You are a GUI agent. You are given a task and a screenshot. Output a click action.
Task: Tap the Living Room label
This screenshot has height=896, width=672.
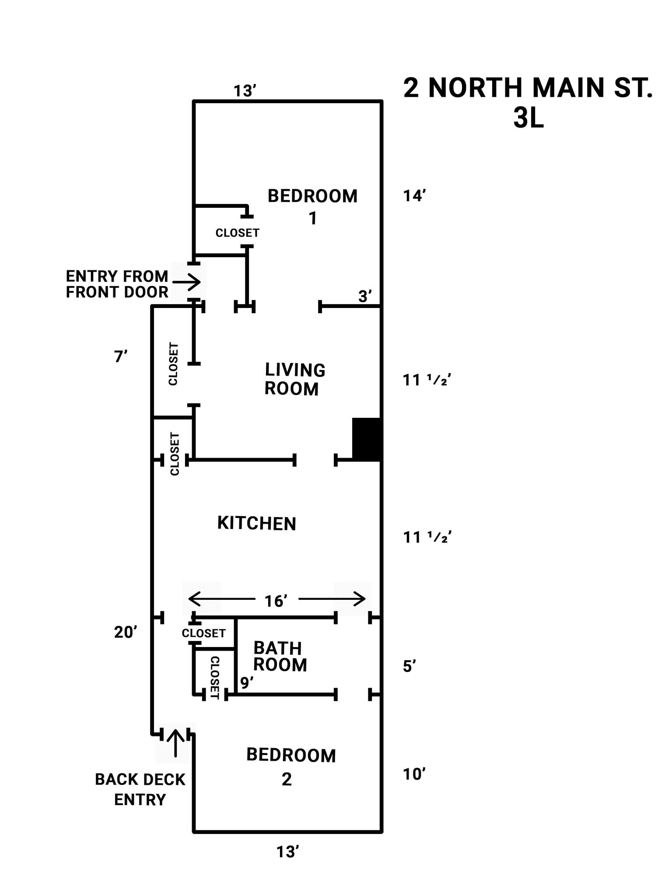pos(295,379)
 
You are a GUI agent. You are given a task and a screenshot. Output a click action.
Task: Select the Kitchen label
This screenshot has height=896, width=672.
pos(257,523)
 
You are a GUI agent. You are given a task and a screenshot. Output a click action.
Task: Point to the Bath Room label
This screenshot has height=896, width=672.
pos(280,656)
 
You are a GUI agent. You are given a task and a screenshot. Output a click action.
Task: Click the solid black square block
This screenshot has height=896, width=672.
pos(367,439)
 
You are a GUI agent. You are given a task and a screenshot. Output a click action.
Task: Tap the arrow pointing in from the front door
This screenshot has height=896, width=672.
pos(187,282)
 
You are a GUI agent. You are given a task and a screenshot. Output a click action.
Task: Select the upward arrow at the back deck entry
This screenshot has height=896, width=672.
pos(176,742)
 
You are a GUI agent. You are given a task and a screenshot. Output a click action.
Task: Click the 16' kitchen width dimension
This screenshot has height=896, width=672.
pos(276,601)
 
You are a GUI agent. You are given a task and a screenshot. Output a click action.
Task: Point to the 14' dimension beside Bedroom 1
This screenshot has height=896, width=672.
pos(414,196)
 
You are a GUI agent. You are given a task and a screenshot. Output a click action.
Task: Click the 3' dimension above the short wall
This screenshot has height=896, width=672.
pos(365,296)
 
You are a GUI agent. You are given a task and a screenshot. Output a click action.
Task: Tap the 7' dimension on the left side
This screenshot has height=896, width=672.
pos(121,357)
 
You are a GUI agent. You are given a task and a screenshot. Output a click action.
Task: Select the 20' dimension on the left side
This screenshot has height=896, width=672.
pos(126,632)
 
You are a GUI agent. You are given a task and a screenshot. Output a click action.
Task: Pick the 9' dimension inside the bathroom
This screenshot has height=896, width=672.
pos(247,682)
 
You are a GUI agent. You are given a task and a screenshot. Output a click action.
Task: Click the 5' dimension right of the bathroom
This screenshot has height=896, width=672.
pos(409,666)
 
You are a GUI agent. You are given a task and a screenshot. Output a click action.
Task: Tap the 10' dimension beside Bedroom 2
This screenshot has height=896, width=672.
pos(414,774)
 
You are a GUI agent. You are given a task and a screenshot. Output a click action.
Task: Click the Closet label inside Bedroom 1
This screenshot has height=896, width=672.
pos(238,233)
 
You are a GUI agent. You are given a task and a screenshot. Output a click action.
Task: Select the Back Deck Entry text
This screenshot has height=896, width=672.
pos(140,789)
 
